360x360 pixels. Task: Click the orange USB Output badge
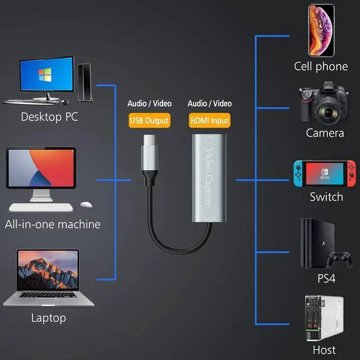pyautogui.click(x=148, y=120)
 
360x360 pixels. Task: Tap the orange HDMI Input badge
pyautogui.click(x=209, y=120)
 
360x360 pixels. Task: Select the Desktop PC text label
pyautogui.click(x=49, y=117)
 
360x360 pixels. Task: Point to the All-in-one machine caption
pyautogui.click(x=52, y=224)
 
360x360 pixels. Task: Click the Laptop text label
pyautogui.click(x=48, y=318)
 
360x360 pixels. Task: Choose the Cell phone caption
pyautogui.click(x=321, y=66)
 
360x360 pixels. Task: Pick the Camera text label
pyautogui.click(x=325, y=133)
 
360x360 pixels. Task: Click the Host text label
pyautogui.click(x=324, y=350)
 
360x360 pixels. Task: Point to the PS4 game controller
pyautogui.click(x=339, y=259)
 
